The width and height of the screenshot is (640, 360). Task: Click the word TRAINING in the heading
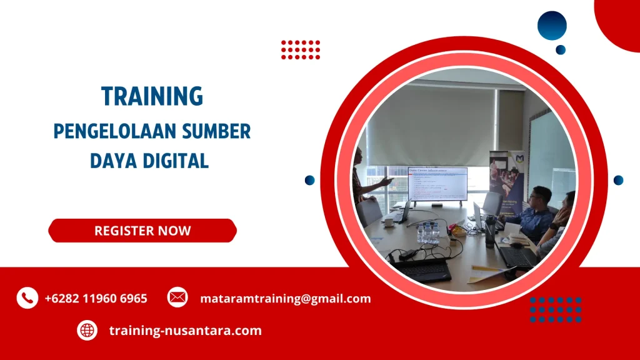(152, 96)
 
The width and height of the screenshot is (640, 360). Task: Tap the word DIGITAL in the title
(177, 161)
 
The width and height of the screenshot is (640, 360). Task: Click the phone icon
(27, 298)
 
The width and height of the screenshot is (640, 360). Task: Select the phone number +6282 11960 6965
(96, 298)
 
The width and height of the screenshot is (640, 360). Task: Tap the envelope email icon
(177, 297)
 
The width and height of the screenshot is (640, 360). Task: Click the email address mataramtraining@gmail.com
(285, 298)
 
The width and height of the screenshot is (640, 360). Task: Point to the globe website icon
(87, 330)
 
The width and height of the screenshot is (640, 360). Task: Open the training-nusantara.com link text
(185, 330)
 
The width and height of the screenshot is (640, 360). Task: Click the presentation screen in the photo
(437, 184)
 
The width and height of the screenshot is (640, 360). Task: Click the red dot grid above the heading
(301, 49)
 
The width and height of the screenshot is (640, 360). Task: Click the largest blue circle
(552, 26)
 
